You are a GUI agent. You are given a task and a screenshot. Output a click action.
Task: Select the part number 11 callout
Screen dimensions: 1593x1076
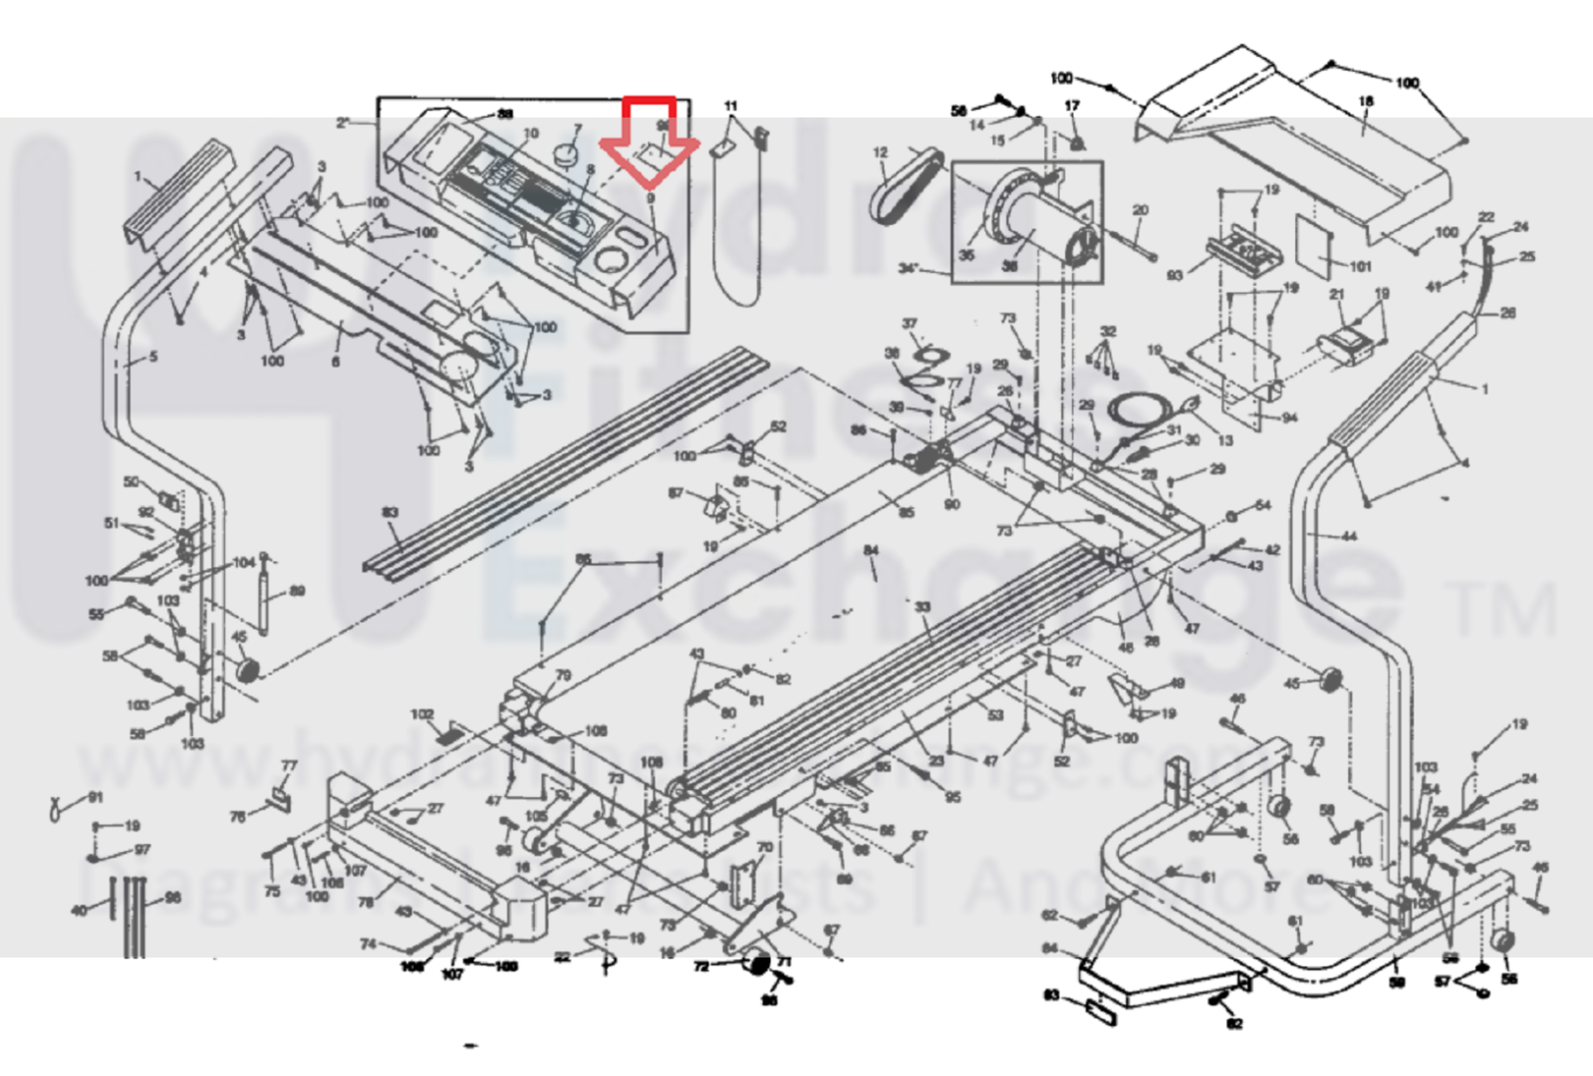click(730, 106)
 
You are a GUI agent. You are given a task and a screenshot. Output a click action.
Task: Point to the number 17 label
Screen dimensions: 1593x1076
click(1072, 106)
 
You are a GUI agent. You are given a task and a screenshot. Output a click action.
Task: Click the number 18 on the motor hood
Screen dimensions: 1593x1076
click(1366, 101)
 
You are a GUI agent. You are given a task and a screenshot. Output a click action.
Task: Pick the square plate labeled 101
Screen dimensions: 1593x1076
click(1317, 244)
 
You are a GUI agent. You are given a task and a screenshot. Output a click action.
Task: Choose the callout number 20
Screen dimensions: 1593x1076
click(1141, 210)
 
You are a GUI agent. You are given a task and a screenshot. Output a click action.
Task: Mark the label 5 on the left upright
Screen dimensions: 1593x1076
click(152, 356)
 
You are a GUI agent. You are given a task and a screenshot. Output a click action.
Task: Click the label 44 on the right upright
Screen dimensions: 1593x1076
click(1348, 536)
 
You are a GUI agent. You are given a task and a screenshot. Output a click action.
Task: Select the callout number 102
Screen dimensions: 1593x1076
click(422, 714)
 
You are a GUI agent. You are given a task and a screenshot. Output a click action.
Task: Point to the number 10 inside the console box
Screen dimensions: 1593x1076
click(531, 134)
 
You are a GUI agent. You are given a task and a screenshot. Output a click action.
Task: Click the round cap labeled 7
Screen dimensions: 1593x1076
click(567, 154)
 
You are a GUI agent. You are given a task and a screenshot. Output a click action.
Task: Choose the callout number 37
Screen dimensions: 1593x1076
click(909, 324)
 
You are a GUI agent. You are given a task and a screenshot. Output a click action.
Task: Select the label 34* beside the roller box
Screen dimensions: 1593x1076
click(908, 268)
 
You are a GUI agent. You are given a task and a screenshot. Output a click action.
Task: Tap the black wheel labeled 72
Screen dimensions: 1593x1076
click(758, 964)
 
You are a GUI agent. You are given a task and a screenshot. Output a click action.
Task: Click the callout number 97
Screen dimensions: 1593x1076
click(142, 850)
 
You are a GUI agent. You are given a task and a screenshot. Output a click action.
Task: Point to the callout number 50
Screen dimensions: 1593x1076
click(132, 482)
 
